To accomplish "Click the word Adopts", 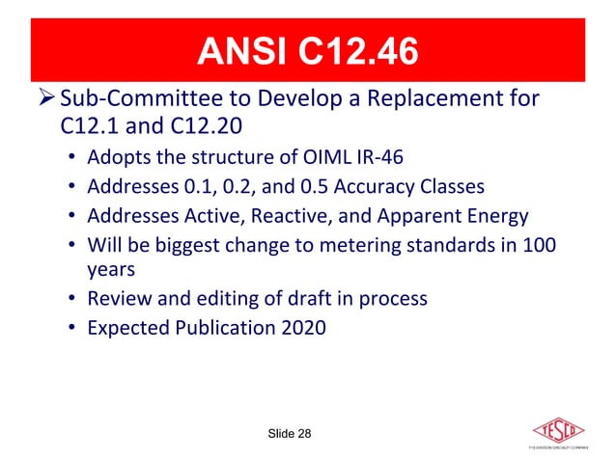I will (116, 156).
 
